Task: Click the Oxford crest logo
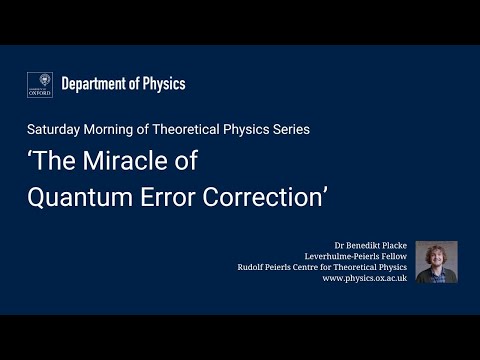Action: click(40, 85)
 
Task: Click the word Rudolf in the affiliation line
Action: click(250, 268)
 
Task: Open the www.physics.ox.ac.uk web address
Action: click(365, 279)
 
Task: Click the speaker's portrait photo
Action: click(436, 262)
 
